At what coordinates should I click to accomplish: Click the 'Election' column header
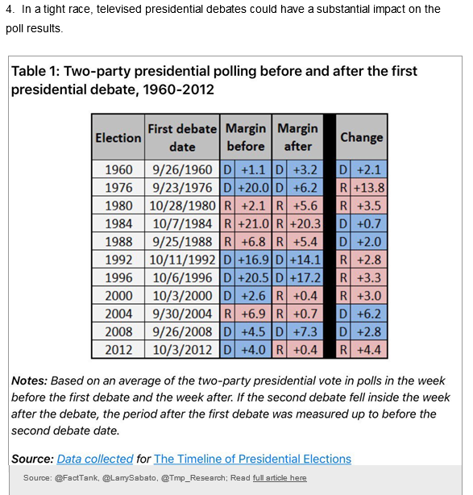[118, 138]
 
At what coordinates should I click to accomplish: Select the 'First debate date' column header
[182, 138]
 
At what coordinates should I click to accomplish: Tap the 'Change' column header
[362, 137]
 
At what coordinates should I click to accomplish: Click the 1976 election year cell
[118, 188]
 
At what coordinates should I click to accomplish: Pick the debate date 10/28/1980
[182, 206]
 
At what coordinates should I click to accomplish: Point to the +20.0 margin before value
[253, 188]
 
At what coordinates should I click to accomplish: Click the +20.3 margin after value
[305, 224]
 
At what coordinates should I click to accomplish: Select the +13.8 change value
[369, 188]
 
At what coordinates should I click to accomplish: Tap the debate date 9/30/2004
[182, 314]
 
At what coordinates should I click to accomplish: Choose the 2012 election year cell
[118, 350]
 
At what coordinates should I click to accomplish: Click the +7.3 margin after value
[305, 332]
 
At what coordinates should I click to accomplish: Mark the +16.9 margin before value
[253, 260]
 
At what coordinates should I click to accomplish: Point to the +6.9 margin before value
[253, 314]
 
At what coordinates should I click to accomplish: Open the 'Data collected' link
[95, 459]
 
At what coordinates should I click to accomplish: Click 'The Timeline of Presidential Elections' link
[252, 459]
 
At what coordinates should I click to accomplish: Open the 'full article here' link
[280, 478]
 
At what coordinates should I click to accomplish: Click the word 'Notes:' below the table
[29, 381]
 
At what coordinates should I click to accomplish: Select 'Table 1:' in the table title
[35, 71]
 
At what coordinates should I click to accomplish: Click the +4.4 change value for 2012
[369, 350]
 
